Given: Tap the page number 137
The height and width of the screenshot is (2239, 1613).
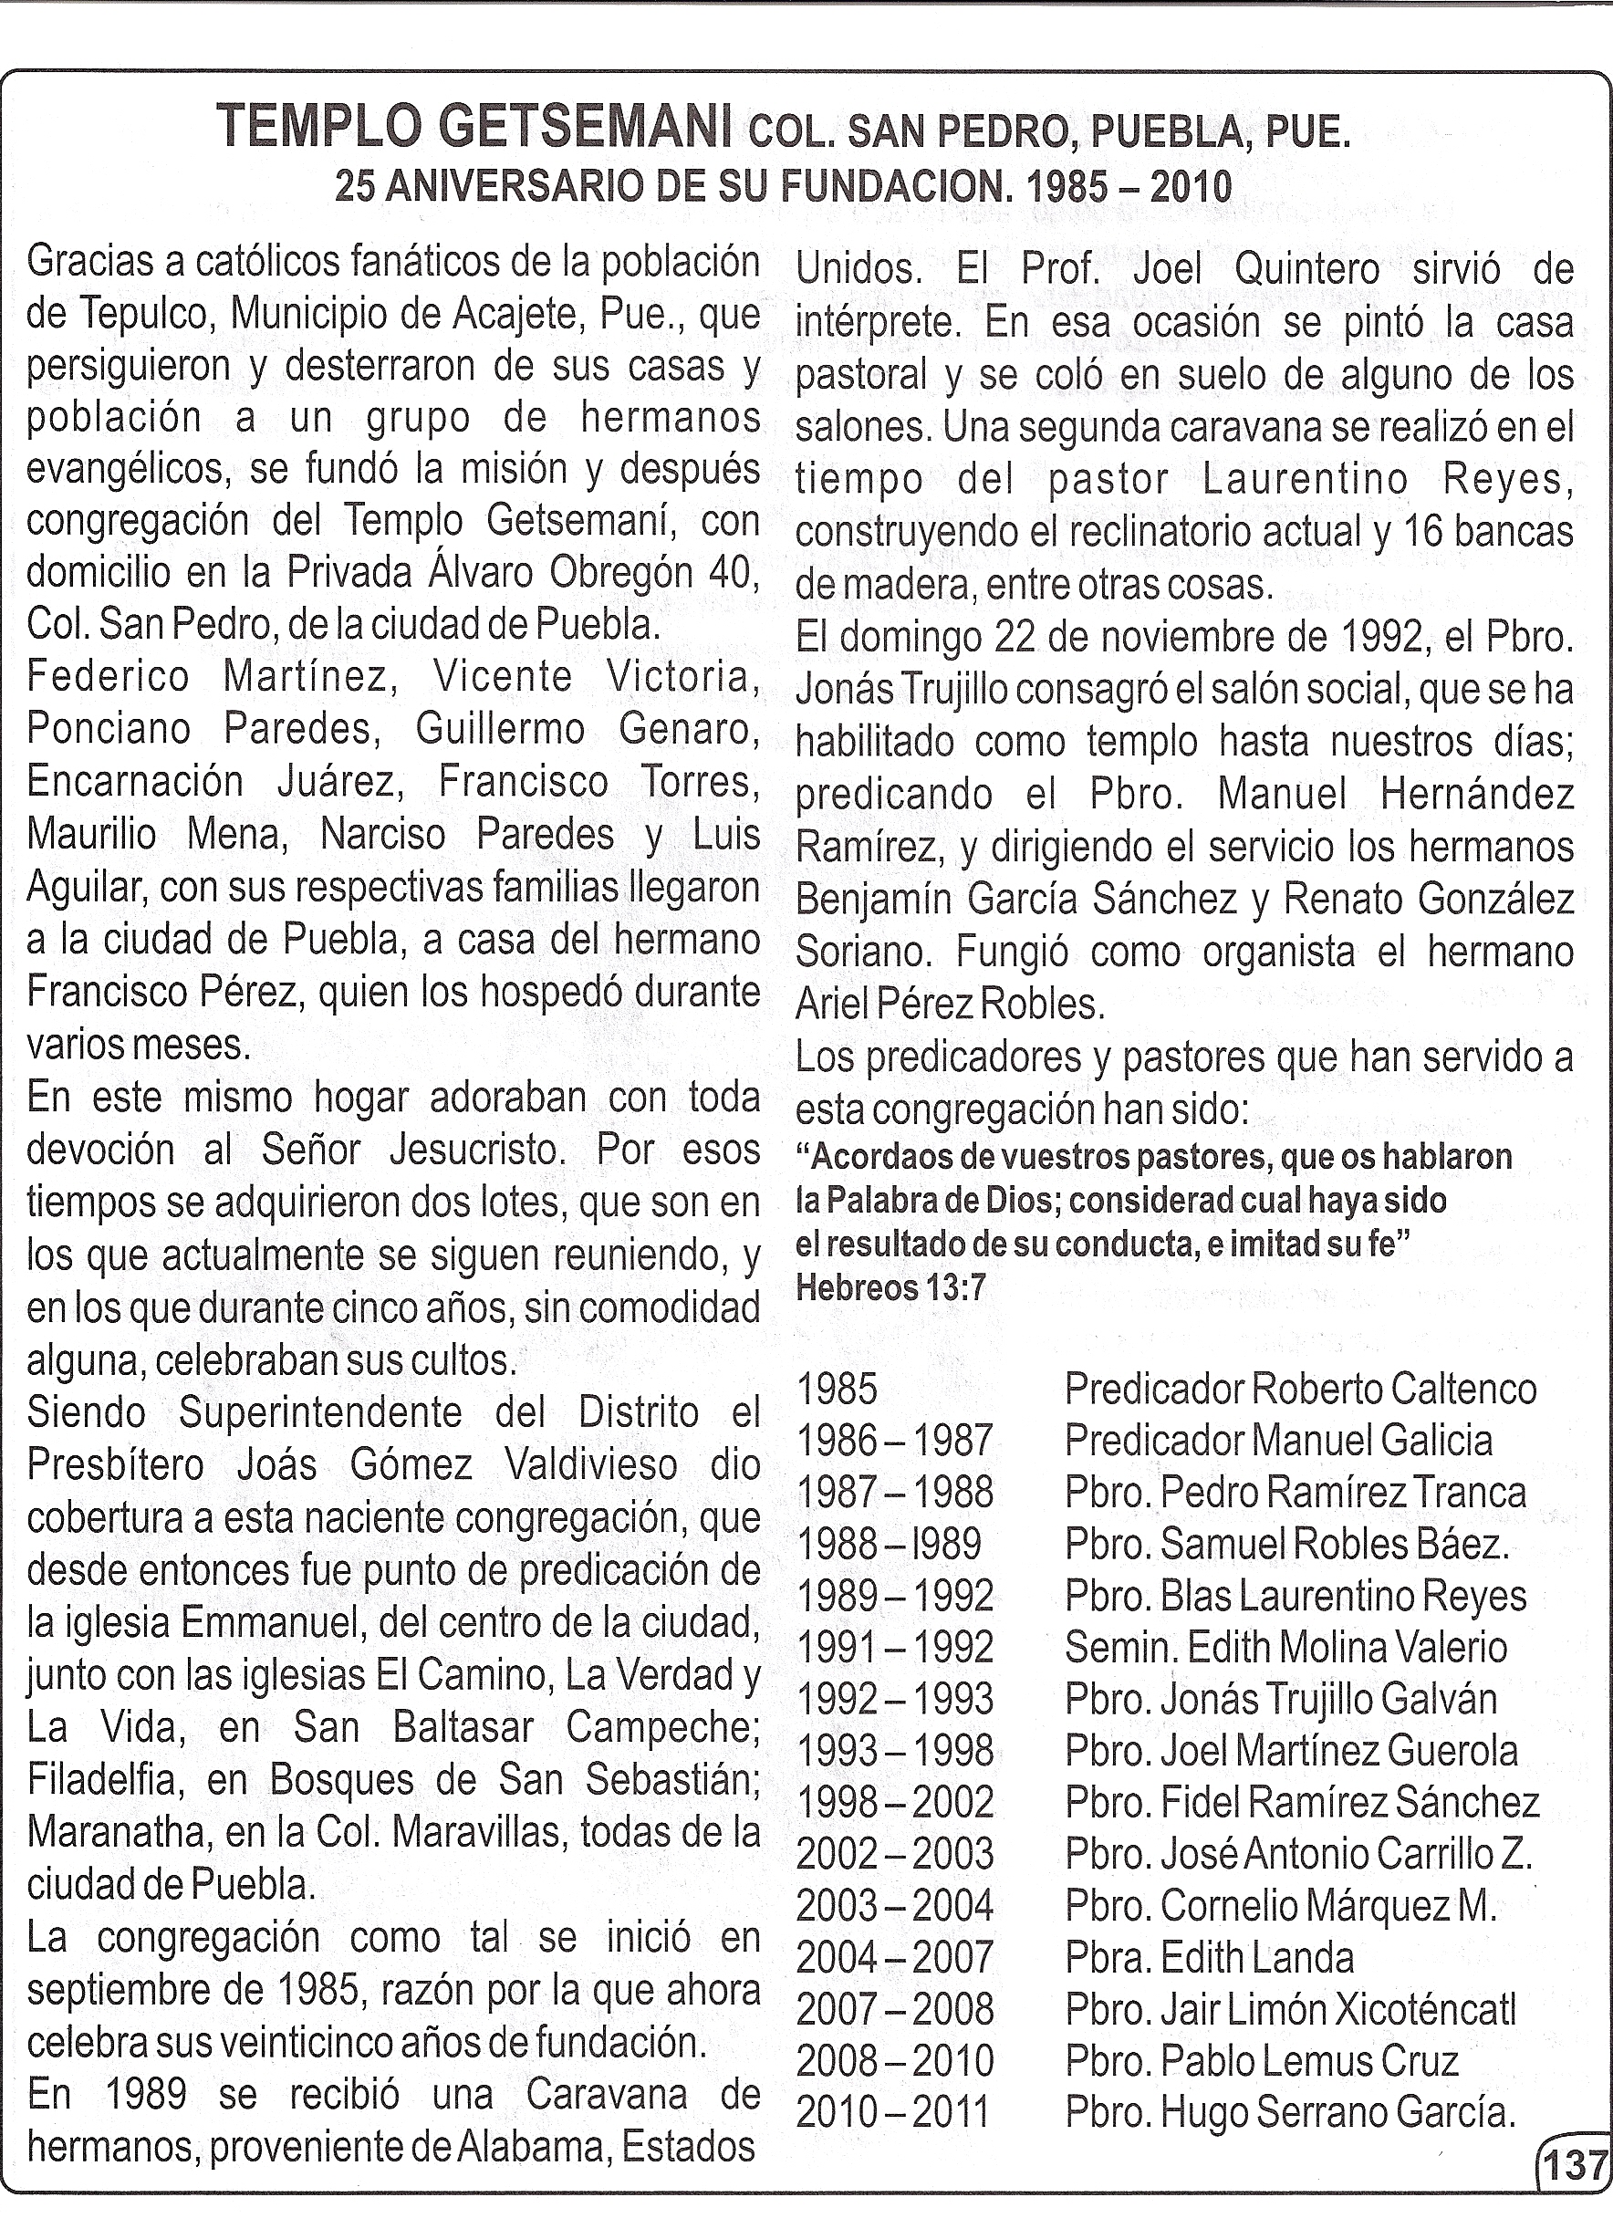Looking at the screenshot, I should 1577,2167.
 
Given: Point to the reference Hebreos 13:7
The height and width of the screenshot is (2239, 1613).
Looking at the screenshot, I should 890,1288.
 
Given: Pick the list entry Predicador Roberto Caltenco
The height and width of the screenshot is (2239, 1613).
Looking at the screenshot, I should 1300,1389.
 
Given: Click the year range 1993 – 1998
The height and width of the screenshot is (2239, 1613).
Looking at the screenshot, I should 894,1750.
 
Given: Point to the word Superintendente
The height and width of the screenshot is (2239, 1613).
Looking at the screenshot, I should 320,1412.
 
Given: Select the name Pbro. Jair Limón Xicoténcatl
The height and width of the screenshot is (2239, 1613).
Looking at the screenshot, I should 1290,2009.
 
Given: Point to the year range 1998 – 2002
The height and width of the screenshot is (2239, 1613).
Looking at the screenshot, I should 894,1802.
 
